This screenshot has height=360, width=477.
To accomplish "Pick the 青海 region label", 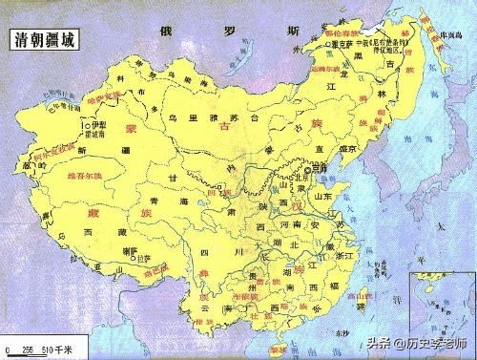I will tap(178, 202).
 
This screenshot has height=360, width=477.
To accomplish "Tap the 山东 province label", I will tap(321, 197).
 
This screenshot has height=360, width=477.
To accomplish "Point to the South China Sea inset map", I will tap(441, 306).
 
